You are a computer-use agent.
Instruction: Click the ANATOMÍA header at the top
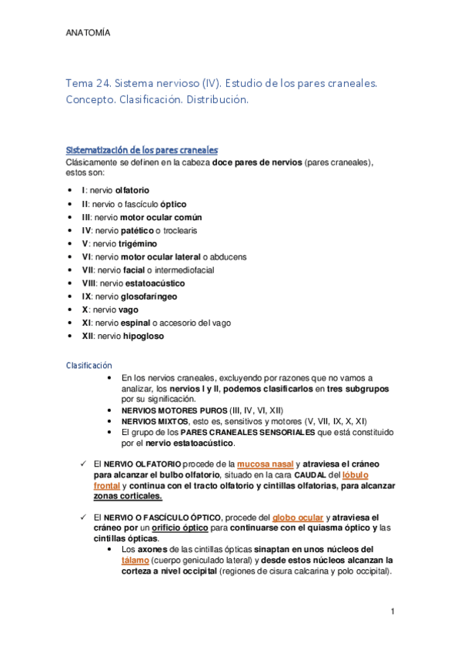(88, 33)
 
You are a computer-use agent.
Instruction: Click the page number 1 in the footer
(393, 611)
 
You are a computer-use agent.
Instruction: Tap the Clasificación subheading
(89, 364)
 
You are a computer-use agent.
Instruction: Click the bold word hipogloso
(141, 336)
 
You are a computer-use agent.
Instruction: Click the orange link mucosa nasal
(265, 464)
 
